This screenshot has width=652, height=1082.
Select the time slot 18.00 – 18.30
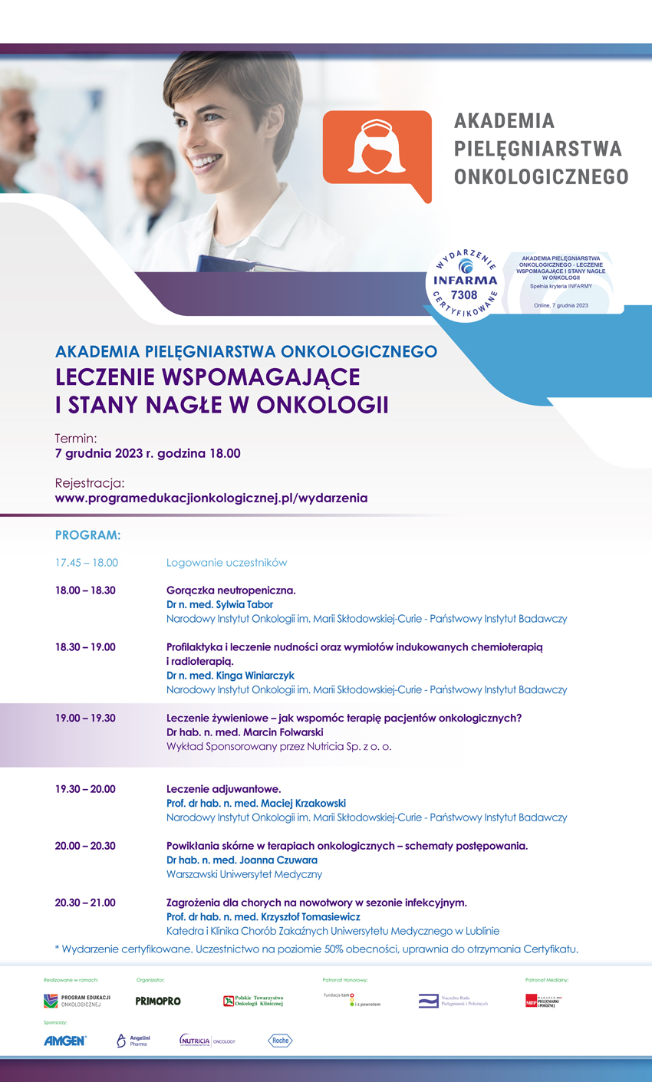click(x=85, y=590)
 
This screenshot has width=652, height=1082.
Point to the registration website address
click(x=211, y=498)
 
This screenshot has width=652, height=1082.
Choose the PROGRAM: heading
click(x=88, y=534)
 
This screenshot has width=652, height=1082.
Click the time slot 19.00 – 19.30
click(x=85, y=718)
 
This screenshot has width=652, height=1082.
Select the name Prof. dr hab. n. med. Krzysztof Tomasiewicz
click(x=263, y=916)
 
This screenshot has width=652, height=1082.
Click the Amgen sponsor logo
click(x=65, y=1041)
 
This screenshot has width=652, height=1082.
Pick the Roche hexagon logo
click(x=280, y=1041)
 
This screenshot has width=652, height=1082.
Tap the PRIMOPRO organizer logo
click(x=158, y=1001)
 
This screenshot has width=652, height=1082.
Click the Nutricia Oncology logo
click(x=207, y=1041)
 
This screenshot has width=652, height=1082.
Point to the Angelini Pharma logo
click(x=133, y=1041)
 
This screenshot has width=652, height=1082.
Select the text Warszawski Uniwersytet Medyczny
click(x=244, y=874)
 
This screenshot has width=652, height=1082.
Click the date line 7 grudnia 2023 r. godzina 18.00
click(x=148, y=453)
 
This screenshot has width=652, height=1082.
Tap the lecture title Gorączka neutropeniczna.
click(x=231, y=590)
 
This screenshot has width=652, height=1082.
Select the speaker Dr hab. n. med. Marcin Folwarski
click(x=245, y=732)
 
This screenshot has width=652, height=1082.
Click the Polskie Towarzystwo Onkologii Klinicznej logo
click(x=253, y=1001)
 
